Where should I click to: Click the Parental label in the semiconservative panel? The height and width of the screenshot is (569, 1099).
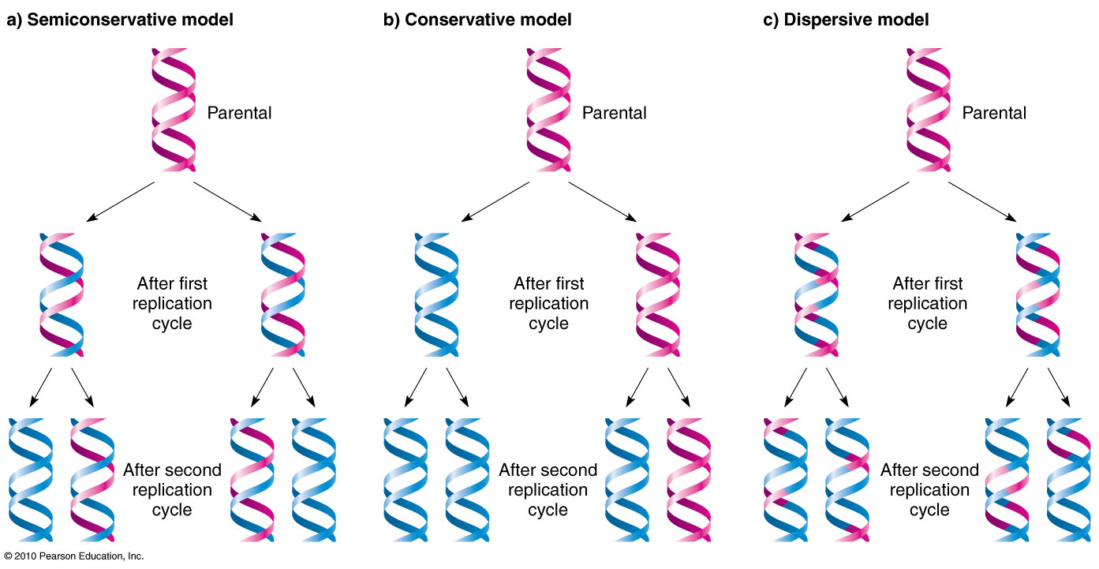point(239,113)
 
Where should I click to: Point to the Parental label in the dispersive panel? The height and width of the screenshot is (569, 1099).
point(994,113)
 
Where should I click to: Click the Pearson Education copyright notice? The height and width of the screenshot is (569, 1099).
point(73,556)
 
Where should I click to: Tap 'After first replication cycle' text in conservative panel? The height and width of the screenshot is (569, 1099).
point(548,303)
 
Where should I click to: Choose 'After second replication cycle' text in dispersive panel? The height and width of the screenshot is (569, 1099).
point(929,489)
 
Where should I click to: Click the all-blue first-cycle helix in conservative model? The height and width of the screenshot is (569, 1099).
point(435,294)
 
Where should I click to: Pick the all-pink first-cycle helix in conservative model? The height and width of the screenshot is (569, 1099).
point(657,294)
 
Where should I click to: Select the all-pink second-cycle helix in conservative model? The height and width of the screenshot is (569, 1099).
point(689,480)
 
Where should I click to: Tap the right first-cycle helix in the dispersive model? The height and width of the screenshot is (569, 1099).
point(1037,294)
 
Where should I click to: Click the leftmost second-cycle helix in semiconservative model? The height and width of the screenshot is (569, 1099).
point(30,480)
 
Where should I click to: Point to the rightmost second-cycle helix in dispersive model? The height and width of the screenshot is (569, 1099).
point(1067,480)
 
